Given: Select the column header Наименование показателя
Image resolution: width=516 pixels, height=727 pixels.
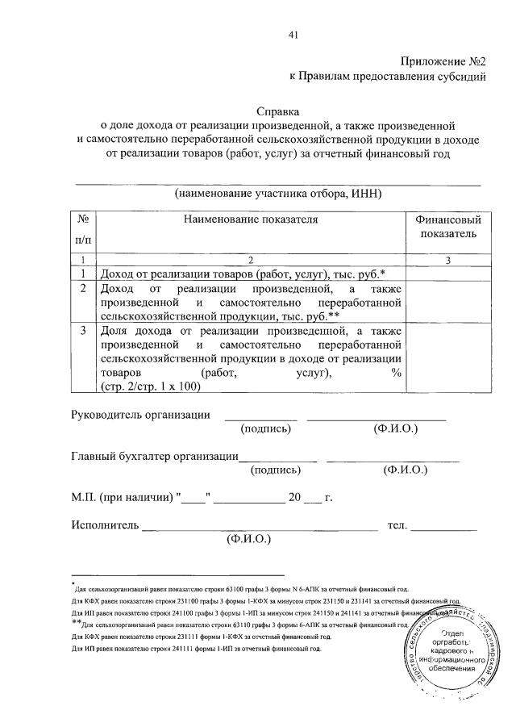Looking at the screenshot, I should pos(251,219).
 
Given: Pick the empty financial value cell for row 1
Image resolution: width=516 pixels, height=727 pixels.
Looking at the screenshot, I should pos(447,274).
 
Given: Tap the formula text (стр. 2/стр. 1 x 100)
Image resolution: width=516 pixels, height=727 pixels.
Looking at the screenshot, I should pos(149,386).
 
